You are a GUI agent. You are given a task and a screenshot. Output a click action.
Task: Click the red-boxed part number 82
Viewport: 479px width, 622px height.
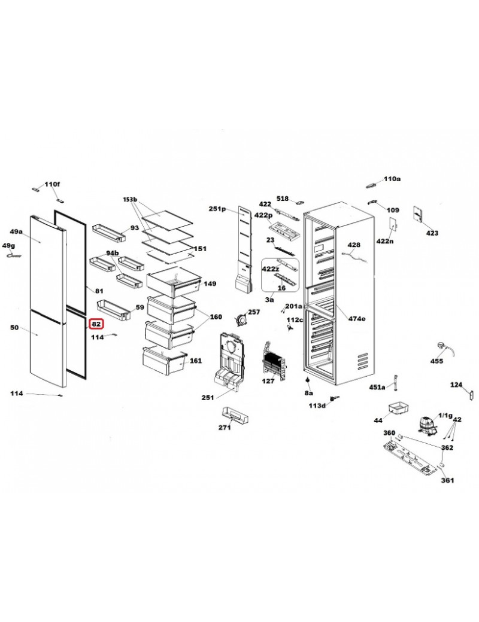96,324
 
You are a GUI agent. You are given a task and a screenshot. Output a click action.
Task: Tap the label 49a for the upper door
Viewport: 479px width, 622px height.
16,231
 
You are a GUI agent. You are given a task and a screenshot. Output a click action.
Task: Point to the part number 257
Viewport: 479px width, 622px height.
254,312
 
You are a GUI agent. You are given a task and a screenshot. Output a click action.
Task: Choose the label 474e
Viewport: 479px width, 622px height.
357,318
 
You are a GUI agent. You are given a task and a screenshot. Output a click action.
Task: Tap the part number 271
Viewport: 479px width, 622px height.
225,428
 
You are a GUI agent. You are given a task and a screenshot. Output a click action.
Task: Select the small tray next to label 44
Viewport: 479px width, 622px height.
398,408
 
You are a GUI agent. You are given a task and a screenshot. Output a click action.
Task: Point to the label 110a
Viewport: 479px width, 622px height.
392,179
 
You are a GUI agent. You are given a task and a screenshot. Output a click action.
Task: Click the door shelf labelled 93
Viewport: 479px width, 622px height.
108,233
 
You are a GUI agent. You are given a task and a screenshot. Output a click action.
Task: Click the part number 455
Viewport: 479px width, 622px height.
437,361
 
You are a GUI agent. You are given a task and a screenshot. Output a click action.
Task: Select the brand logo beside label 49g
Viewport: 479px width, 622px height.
14,255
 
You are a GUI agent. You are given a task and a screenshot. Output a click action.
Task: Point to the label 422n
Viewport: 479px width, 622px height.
385,240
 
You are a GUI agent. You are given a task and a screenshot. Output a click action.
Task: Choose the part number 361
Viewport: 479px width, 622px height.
447,480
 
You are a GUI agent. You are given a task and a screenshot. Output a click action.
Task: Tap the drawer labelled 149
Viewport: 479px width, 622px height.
173,282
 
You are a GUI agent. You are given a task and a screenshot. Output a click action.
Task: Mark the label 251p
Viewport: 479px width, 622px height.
217,209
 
